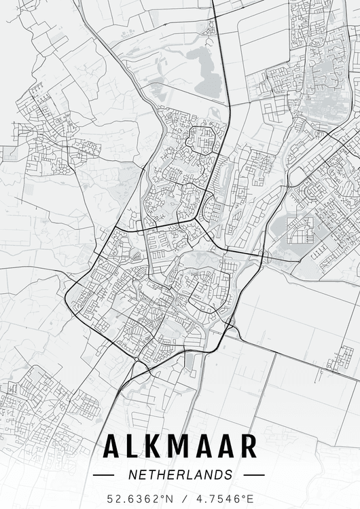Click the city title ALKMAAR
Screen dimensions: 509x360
pos(180,447)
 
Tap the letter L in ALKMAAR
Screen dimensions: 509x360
pos(133,447)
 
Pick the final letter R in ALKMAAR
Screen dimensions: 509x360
pos(249,447)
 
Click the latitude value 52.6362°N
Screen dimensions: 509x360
pos(140,498)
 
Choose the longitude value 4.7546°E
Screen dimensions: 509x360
pos(221,498)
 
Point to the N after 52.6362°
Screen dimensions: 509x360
pos(169,498)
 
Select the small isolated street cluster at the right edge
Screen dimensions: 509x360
pos(340,358)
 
